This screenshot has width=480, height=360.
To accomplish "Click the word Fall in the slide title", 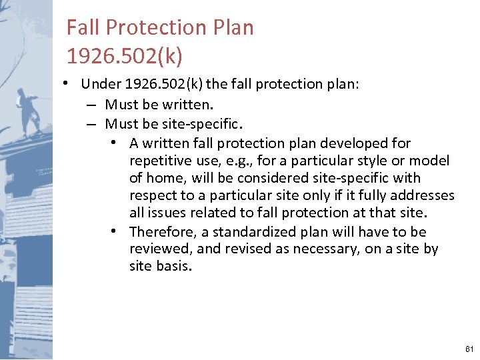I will click(83, 28).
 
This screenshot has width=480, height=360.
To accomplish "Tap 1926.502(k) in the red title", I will click(124, 57).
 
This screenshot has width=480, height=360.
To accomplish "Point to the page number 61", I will click(469, 349).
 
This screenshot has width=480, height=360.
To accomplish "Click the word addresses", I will click(423, 196).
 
